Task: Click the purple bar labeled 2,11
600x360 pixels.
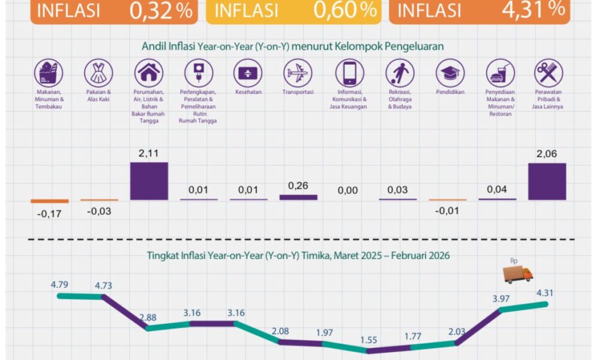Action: (x=149, y=181)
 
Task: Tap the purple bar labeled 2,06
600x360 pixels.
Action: (x=547, y=181)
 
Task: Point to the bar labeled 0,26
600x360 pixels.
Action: (x=298, y=197)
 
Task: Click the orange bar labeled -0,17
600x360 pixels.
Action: (x=50, y=201)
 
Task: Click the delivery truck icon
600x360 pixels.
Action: (x=518, y=275)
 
